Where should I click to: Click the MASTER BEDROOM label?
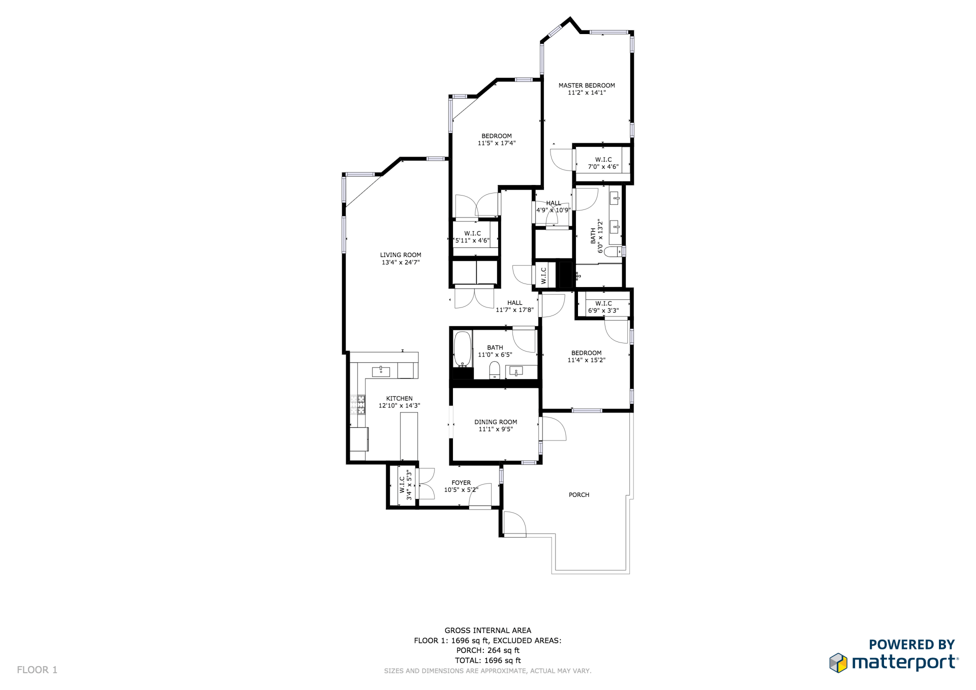point(587,85)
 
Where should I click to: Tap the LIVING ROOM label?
point(401,255)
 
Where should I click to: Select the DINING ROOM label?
point(496,422)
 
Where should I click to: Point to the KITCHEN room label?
point(399,398)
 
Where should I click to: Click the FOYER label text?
point(461,483)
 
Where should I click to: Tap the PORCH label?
point(579,494)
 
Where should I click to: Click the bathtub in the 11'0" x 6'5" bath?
point(462,349)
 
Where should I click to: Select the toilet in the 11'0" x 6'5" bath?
point(495,370)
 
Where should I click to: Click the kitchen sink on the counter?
point(381,371)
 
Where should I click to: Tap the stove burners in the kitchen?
point(358,404)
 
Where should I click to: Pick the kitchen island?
point(409,436)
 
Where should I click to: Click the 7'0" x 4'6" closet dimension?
point(603,167)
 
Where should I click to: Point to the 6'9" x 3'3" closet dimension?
point(603,310)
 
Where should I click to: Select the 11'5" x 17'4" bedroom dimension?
point(497,143)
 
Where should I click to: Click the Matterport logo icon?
point(838,663)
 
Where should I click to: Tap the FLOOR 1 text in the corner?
point(37,670)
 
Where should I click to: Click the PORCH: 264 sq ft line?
point(488,650)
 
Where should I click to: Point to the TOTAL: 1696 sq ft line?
point(488,661)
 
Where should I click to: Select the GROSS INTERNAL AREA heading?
point(488,631)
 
